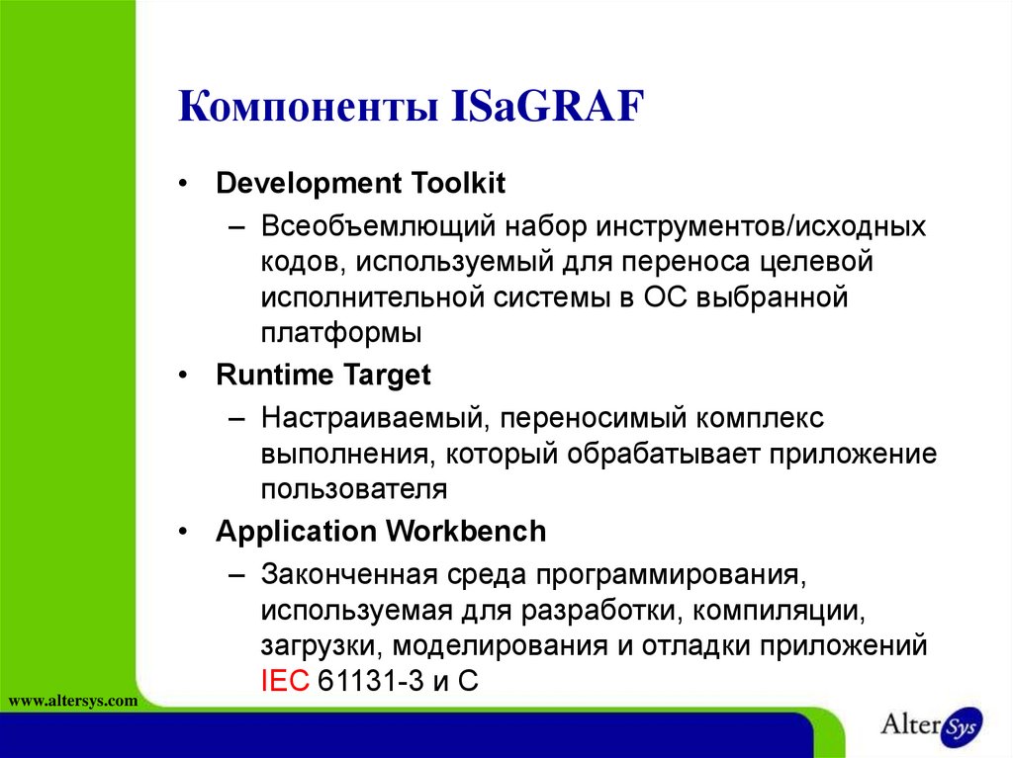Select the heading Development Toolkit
pos(361,184)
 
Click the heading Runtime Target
pos(323,376)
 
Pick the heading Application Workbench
pos(381,531)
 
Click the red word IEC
pos(285,681)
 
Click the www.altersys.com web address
pos(72,701)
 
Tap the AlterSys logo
pos(931,722)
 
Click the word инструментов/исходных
pos(761,227)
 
